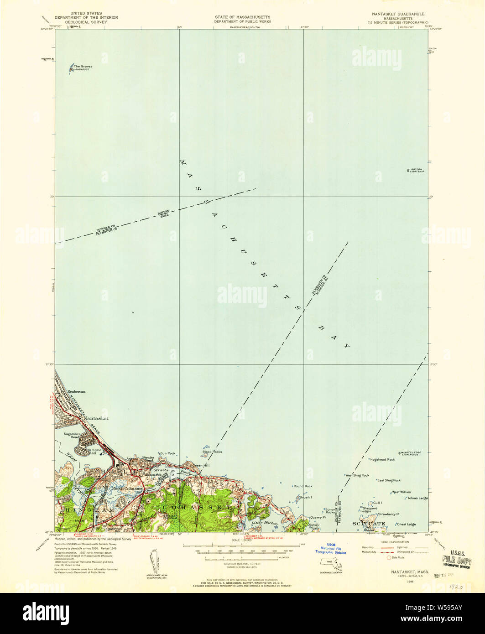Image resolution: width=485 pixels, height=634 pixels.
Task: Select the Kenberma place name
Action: coord(77,392)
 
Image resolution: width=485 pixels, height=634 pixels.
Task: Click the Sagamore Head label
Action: coord(72,435)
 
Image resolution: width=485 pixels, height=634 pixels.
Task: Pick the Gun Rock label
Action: coord(167,453)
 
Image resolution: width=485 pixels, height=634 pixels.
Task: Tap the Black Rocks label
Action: coord(212,452)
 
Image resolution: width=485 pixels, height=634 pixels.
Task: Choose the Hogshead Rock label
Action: coord(382,459)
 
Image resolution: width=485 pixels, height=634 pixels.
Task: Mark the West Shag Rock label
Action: coord(357,475)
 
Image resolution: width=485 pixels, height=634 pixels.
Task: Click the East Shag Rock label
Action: coord(389,480)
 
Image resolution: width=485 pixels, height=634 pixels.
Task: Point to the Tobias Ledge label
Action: coord(417,498)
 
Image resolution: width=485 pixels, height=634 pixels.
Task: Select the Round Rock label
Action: coord(303,486)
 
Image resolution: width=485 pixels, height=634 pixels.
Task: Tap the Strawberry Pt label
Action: coord(388,514)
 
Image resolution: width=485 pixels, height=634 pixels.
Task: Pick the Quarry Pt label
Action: coord(318,517)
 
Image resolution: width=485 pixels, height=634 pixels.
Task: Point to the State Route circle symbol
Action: coord(389,557)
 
